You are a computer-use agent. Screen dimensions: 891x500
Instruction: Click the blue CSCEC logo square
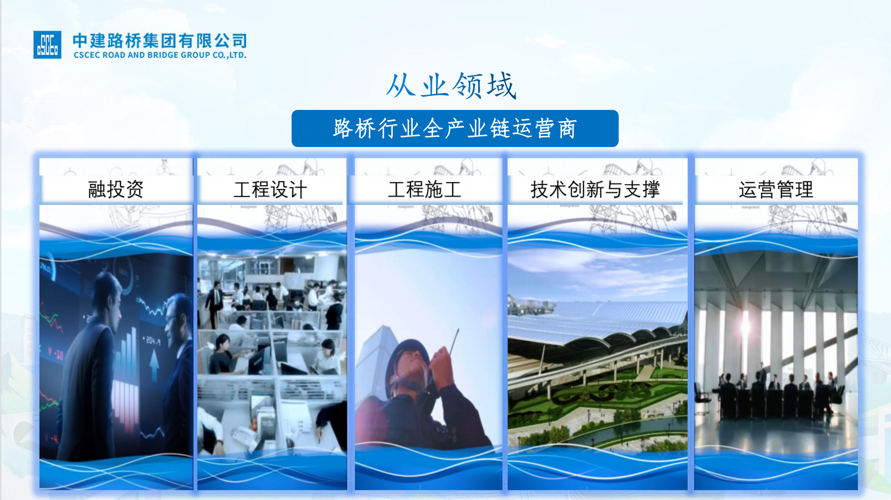coord(47,45)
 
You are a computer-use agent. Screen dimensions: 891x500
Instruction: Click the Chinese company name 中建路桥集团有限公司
coord(160,41)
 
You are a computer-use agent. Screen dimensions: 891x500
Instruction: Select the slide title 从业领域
coord(451,86)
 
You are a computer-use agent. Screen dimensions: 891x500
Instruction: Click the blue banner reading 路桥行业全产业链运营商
coord(455,128)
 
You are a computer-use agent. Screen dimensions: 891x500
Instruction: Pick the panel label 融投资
coord(116,189)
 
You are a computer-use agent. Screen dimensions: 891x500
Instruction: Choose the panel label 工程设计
coord(270,189)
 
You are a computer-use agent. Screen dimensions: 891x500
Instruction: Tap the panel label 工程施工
coord(424,189)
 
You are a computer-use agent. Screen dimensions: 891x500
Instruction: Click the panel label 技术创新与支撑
coord(595,189)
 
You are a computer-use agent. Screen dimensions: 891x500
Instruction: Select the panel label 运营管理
coord(776,189)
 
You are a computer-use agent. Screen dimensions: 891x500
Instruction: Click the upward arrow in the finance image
coord(154,365)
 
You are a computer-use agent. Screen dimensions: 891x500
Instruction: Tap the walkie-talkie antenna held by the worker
coord(454,342)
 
